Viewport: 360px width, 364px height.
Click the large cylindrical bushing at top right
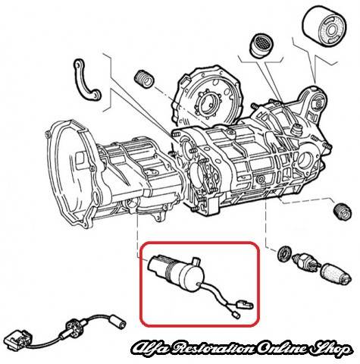pyautogui.click(x=325, y=27)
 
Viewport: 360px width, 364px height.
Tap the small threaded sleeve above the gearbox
pyautogui.click(x=143, y=79)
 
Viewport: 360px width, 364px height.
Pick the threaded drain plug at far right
pyautogui.click(x=342, y=211)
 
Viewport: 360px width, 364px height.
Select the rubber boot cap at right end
pyautogui.click(x=336, y=275)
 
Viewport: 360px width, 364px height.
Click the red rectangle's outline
pyautogui.click(x=140, y=284)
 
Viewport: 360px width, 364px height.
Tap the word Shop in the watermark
pyautogui.click(x=330, y=350)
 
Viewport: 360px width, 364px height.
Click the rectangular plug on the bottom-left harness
pyautogui.click(x=19, y=338)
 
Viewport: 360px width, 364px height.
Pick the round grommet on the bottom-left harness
pyautogui.click(x=74, y=327)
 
